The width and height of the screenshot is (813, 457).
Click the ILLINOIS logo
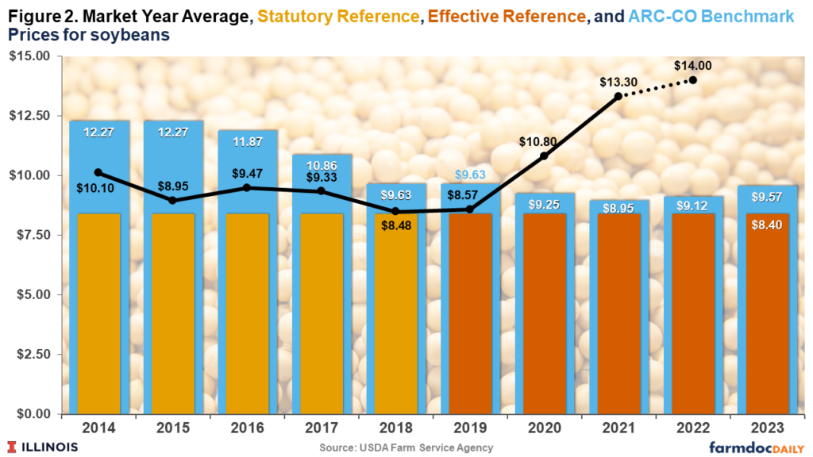43,447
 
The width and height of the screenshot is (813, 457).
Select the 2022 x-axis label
694,428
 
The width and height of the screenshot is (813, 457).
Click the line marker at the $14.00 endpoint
693,80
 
